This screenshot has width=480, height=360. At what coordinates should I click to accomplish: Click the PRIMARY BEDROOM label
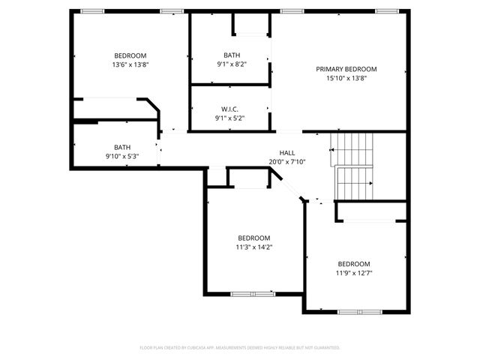click(x=346, y=69)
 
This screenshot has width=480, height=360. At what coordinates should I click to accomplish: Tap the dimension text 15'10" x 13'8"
click(x=346, y=78)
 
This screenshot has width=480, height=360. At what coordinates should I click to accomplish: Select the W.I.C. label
click(x=230, y=109)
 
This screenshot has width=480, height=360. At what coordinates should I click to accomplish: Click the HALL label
click(x=287, y=153)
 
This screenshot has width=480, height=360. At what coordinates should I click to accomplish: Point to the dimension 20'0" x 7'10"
click(x=287, y=162)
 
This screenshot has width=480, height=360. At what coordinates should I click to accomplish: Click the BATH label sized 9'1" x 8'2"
click(x=231, y=55)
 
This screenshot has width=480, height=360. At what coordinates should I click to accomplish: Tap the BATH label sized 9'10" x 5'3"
click(x=121, y=147)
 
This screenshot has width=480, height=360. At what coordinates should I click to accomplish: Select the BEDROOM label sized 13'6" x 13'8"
click(x=130, y=55)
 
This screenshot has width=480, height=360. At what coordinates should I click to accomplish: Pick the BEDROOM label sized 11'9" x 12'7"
click(x=354, y=264)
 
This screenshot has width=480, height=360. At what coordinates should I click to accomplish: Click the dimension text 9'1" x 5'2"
click(x=230, y=118)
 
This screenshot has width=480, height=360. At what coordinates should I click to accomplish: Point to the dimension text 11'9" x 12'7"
click(x=354, y=273)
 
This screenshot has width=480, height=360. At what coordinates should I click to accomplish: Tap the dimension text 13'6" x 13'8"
click(x=130, y=64)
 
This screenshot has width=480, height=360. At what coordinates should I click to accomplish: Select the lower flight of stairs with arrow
click(x=353, y=184)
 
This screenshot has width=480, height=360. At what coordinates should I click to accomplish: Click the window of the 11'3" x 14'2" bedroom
click(x=253, y=293)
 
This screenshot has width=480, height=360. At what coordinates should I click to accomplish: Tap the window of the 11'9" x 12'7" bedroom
click(x=359, y=311)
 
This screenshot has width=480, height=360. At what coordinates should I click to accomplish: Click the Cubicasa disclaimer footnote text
click(x=240, y=348)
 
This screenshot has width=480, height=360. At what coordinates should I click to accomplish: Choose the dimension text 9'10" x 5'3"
click(x=121, y=156)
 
